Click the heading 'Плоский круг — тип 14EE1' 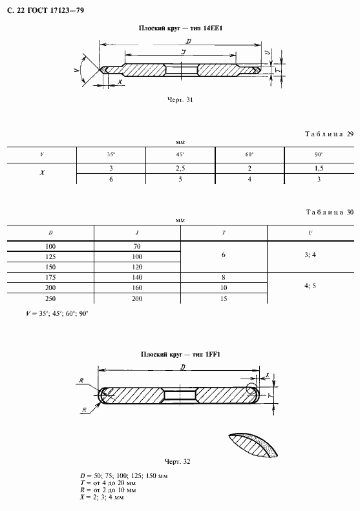tap(181, 28)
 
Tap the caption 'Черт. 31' tap(180, 99)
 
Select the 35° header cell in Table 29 tap(111, 155)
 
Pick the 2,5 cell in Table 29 tap(180, 169)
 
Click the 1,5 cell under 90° tap(319, 169)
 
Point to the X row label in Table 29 tap(42, 173)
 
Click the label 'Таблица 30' tap(330, 212)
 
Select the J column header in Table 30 tap(137, 233)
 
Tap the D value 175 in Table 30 tap(50, 277)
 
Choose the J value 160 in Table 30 tap(137, 287)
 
